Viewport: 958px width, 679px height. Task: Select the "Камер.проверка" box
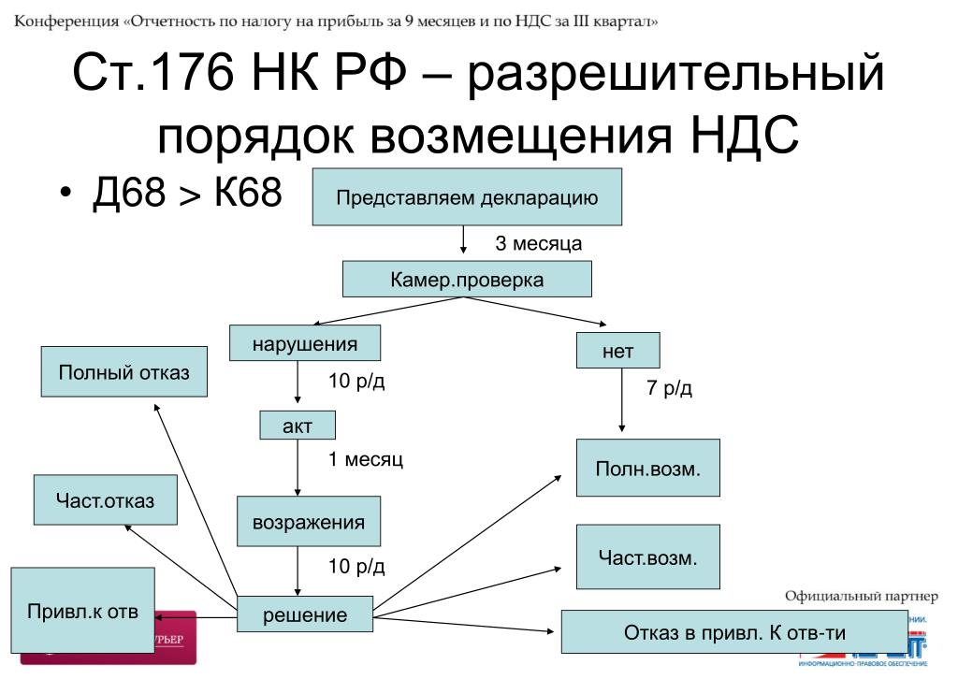click(x=467, y=280)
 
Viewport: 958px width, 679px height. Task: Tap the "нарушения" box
click(x=305, y=343)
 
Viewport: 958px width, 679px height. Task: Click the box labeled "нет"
click(x=618, y=352)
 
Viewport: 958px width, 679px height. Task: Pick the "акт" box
click(x=297, y=426)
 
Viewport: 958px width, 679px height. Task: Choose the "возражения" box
click(x=309, y=522)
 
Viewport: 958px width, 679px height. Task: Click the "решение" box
click(x=304, y=615)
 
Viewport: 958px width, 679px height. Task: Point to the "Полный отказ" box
click(x=123, y=373)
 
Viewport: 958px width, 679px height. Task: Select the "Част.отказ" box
click(x=106, y=500)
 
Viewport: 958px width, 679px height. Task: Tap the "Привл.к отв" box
click(x=82, y=614)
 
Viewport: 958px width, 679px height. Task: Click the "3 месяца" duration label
click(x=538, y=244)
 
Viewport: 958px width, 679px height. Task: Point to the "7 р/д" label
click(x=669, y=388)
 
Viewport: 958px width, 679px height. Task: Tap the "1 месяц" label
click(x=365, y=460)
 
